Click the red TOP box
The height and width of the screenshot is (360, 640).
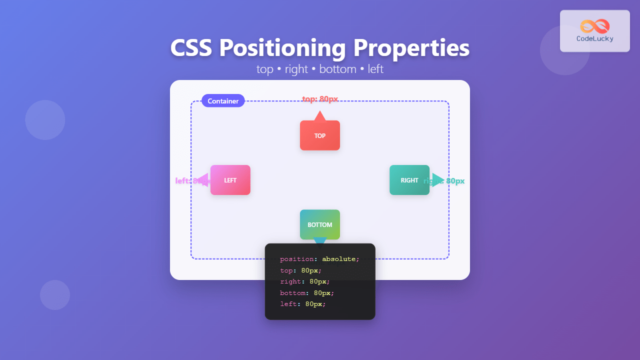pos(320,135)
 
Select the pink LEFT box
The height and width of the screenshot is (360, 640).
pos(230,180)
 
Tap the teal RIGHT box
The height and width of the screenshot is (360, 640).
pos(409,180)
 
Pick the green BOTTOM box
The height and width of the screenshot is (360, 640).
pos(320,224)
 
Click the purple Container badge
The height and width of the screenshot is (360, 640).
pos(223,101)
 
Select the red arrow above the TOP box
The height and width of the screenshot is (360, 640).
pos(320,116)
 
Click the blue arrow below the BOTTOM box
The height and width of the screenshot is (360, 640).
pos(320,241)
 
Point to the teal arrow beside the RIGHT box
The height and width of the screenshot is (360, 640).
pos(437,179)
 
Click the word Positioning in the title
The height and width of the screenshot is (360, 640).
pos(282,48)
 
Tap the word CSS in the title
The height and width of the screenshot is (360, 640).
pos(191,48)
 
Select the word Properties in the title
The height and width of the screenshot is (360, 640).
pos(411,48)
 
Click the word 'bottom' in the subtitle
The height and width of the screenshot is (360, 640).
pos(337,69)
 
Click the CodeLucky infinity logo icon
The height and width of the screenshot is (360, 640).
pos(595,26)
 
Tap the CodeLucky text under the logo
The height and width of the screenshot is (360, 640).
pos(595,38)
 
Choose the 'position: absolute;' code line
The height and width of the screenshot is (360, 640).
pos(319,259)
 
